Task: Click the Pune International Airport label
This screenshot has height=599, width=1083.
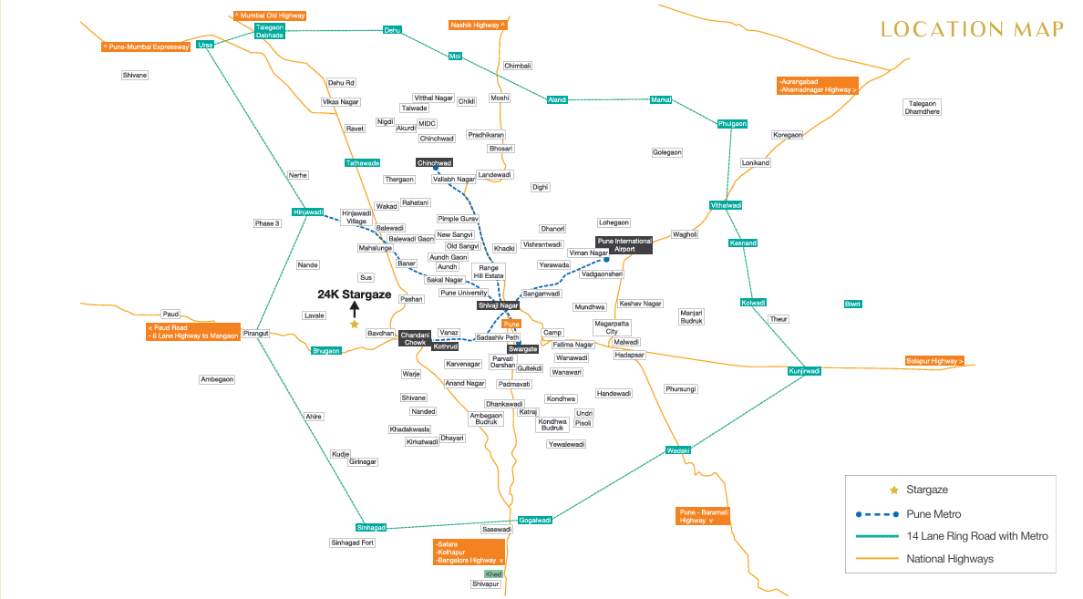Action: [x=624, y=245]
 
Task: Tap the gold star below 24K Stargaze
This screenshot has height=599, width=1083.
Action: [x=355, y=324]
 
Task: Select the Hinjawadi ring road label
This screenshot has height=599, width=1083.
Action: [x=308, y=212]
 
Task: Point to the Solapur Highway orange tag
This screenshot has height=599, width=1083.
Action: [x=933, y=361]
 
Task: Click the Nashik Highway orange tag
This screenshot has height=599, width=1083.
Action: [x=478, y=25]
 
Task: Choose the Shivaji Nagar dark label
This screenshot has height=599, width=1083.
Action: [x=498, y=305]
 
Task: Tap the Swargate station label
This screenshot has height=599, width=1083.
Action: [x=523, y=349]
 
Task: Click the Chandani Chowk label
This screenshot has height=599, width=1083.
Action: [x=415, y=338]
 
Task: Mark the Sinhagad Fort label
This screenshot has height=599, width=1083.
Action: [x=352, y=542]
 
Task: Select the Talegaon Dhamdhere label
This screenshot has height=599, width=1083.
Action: [x=922, y=107]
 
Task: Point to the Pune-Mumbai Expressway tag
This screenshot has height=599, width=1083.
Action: [x=146, y=47]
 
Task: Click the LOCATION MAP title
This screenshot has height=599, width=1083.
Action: [x=972, y=29]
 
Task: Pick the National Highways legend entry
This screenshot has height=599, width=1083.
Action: [x=924, y=559]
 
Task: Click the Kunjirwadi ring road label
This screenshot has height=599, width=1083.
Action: [x=804, y=371]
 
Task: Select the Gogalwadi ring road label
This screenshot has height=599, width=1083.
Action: [x=534, y=521]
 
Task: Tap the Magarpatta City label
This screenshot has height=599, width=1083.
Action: [x=612, y=327]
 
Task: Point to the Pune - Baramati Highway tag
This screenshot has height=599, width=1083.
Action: [x=703, y=516]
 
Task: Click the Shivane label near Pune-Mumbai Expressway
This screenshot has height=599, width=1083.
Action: [x=135, y=76]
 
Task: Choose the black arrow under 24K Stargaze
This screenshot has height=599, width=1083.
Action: [x=355, y=309]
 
